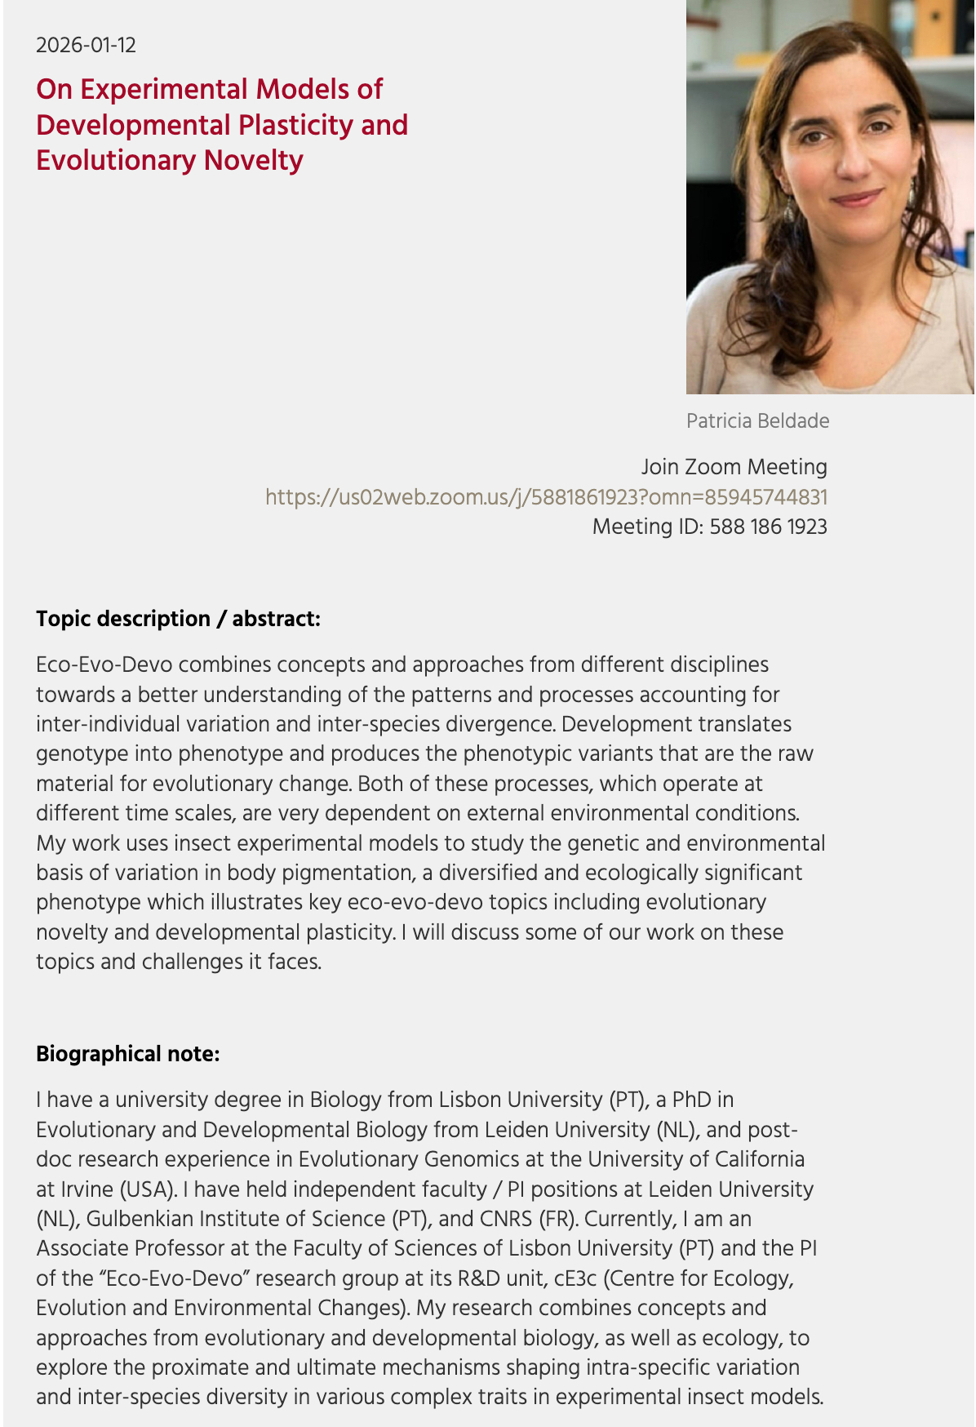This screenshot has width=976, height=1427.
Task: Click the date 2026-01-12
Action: tap(86, 45)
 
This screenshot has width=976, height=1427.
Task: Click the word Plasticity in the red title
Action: tap(281, 125)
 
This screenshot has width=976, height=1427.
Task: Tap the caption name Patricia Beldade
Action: tap(757, 420)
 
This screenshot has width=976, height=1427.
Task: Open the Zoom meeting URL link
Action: tap(546, 496)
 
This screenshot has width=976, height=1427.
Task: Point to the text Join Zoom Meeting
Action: tap(734, 466)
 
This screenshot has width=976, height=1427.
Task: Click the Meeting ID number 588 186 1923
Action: tap(768, 527)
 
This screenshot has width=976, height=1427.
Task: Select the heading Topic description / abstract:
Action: tap(178, 619)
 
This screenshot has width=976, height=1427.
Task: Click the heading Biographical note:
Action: tap(127, 1054)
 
